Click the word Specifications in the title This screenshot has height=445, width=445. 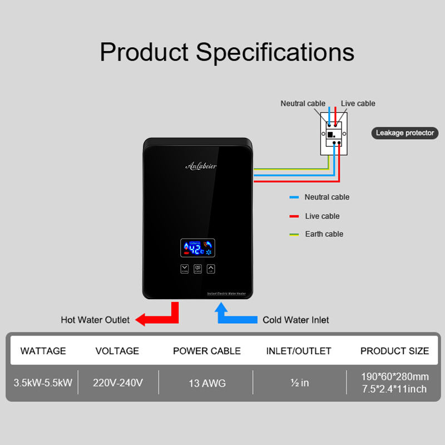275,52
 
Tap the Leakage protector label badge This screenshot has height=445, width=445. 405,133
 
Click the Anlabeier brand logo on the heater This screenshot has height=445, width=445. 201,165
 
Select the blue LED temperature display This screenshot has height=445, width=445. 197,248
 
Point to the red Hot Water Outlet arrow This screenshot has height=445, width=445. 159,315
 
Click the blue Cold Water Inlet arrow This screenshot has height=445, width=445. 233,315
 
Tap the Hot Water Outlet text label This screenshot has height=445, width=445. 95,320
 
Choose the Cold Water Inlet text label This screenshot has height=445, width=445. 295,320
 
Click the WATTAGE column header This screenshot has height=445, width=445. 43,351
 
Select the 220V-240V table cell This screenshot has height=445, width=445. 118,383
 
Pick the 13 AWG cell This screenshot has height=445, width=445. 207,383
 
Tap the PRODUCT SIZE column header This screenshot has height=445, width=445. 394,351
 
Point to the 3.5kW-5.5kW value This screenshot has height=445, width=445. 43,383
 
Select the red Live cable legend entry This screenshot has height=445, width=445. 322,216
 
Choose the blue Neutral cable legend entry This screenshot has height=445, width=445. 327,197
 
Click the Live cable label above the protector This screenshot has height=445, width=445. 358,103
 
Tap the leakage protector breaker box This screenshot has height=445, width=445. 334,132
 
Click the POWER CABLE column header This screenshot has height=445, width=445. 207,351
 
